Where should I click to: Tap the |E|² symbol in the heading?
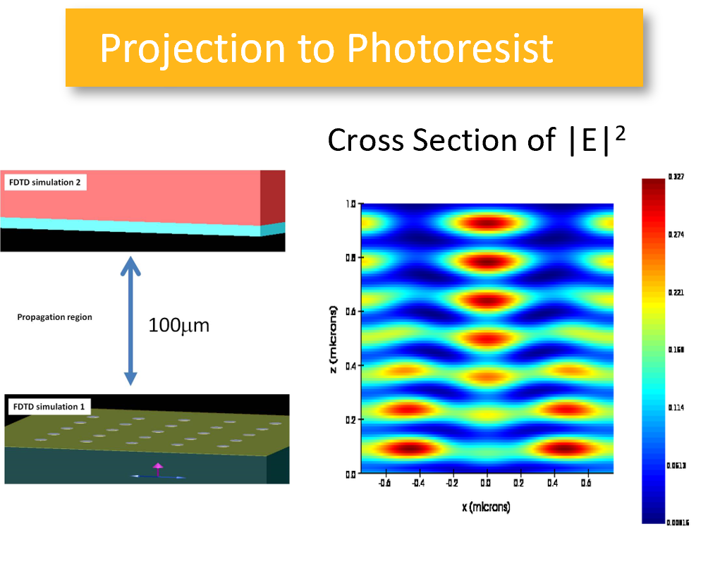(594, 140)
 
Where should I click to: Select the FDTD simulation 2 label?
(44, 183)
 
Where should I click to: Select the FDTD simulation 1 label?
(44, 407)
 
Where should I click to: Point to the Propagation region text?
(54, 317)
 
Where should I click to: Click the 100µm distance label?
(178, 326)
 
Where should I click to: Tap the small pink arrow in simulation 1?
(158, 467)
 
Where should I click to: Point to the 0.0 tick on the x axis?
(486, 484)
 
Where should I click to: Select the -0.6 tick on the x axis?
(384, 484)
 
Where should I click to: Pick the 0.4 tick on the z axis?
(350, 365)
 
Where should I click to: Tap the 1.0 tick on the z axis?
(350, 204)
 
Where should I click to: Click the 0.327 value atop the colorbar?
(676, 177)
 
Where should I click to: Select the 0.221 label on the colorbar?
(676, 293)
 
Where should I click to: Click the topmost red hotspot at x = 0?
(487, 223)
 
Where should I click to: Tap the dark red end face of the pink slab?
(273, 197)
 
